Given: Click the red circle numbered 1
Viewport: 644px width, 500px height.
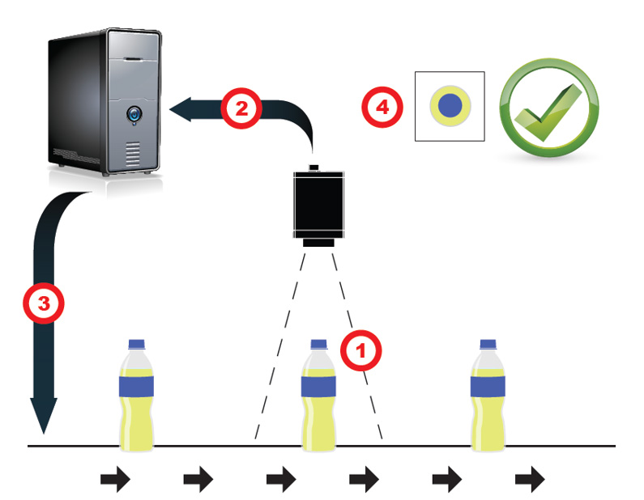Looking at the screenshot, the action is [361, 350].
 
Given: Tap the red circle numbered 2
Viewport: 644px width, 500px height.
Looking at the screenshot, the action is [241, 108].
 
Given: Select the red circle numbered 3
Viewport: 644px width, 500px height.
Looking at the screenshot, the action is [44, 303].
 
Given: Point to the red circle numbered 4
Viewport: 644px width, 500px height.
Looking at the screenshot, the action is [382, 107].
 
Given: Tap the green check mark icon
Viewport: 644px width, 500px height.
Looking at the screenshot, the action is [549, 108].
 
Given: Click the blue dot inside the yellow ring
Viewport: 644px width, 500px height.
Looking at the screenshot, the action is [450, 105].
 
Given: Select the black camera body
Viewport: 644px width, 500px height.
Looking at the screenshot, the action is [318, 204].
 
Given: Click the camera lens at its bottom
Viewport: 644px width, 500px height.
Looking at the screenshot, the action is [318, 243].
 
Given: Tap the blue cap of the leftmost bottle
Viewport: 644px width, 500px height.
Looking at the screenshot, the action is [137, 344].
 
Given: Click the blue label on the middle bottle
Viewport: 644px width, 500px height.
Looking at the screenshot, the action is [318, 387].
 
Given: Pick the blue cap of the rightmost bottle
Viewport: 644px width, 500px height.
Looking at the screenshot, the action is [488, 344].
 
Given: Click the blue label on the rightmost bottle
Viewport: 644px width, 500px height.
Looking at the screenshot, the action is [488, 387].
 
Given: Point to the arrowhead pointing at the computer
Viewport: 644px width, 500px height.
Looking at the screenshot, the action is [181, 109].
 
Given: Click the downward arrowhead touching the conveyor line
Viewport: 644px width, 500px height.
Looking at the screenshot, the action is [44, 415].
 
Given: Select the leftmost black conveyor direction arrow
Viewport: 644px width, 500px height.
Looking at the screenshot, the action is [115, 479].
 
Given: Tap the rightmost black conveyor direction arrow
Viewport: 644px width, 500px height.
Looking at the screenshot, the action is [530, 479].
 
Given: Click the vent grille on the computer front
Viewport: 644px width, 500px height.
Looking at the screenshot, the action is [132, 154].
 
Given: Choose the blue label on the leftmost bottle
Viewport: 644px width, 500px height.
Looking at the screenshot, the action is [136, 387].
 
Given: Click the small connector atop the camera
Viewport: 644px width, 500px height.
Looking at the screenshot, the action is [314, 167].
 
